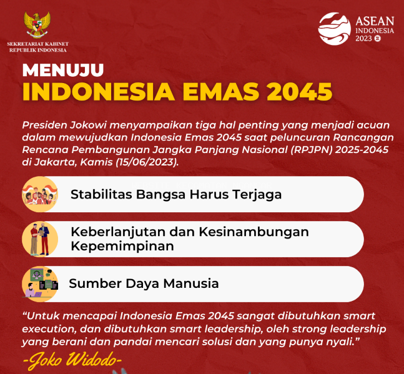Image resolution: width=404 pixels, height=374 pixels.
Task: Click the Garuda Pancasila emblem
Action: pos(37,25)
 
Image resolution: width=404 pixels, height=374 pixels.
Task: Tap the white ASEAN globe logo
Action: pos(335,29)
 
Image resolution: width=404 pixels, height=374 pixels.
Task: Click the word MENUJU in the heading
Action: pos(63,70)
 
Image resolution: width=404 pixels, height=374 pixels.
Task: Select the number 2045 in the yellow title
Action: pos(299,92)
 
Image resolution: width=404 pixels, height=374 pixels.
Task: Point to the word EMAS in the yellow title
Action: pos(221,92)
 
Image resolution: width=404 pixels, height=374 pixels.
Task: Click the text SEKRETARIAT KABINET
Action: pos(37,44)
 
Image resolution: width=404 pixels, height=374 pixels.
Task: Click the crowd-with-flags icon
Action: pos(40,194)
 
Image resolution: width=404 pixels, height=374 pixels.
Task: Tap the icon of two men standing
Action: pos(40,239)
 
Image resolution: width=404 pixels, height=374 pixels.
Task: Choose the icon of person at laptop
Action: pos(40,284)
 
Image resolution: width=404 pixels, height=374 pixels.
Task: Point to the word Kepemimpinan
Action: pos(122,246)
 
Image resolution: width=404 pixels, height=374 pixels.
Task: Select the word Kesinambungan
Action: pos(254,232)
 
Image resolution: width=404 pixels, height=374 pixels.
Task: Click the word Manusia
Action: pos(191,283)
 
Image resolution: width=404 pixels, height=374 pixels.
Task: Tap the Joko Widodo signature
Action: pos(72,360)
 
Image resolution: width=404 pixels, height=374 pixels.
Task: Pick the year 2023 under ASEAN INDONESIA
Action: pos(363,39)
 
